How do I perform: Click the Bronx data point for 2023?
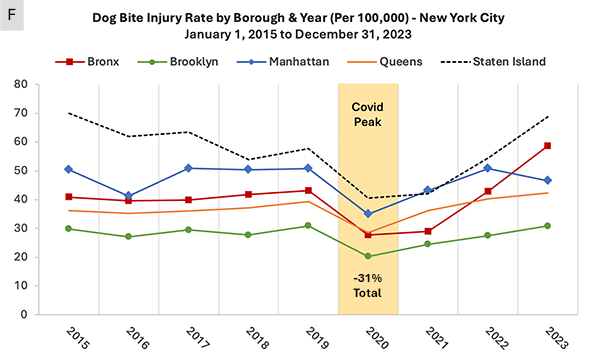click(x=548, y=146)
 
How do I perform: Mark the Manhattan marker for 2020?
click(x=367, y=213)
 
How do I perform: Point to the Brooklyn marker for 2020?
click(x=367, y=256)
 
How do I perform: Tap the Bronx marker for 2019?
click(x=307, y=190)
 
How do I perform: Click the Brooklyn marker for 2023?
click(x=548, y=225)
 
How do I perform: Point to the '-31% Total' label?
click(x=368, y=284)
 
